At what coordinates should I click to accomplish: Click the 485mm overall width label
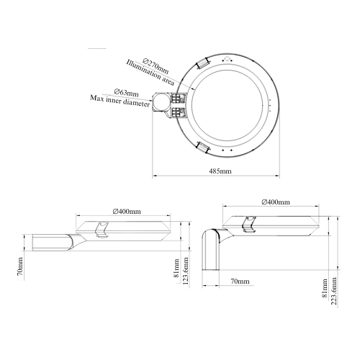coord(220,171)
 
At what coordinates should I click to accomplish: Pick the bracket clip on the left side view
coord(102,228)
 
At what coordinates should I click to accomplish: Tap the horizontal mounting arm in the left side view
coord(50,240)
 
